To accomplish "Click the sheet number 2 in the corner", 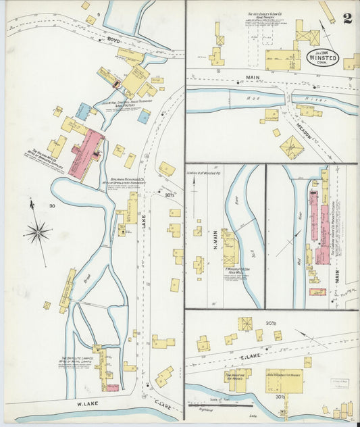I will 346,18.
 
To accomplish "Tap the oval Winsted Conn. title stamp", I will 323,57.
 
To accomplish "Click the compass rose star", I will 38,233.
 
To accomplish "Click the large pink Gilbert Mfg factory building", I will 85,155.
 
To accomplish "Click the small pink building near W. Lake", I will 112,388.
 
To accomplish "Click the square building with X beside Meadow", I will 292,147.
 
